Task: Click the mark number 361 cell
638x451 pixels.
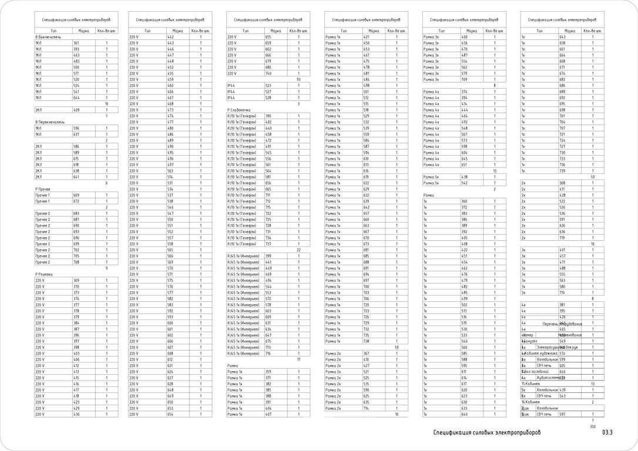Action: (76, 43)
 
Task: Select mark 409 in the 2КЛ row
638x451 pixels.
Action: (76, 110)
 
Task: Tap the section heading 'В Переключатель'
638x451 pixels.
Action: (51, 122)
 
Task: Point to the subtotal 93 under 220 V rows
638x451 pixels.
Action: (298, 79)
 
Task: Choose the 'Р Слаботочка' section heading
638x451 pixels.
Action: (239, 110)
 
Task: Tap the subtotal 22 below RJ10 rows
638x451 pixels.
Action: (298, 250)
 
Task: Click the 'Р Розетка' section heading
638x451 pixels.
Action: (44, 274)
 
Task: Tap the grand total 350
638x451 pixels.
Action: (592, 427)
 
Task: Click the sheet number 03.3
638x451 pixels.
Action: (607, 433)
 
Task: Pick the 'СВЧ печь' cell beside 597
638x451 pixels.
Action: (543, 415)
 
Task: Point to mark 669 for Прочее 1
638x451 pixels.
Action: (76, 195)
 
